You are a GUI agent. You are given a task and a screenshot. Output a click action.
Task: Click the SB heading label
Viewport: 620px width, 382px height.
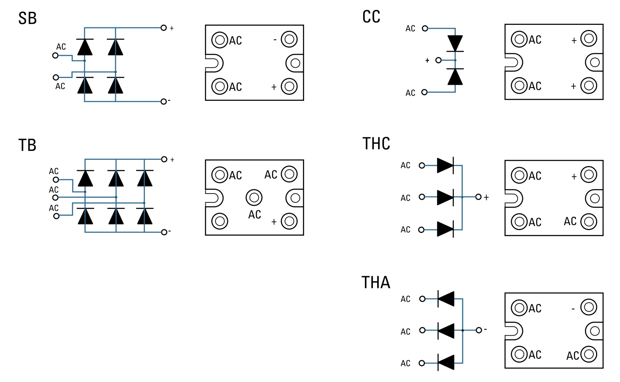tap(27, 19)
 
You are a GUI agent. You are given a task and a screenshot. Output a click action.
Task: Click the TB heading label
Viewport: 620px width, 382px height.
tap(27, 145)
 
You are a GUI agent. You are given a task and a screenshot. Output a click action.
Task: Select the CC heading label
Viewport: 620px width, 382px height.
tap(371, 17)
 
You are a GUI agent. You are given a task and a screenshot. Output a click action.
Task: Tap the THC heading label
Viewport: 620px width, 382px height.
tap(376, 144)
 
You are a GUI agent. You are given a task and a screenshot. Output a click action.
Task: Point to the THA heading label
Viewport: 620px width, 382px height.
tap(376, 282)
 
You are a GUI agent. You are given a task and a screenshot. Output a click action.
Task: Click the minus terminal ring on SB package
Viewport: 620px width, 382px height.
tap(289, 39)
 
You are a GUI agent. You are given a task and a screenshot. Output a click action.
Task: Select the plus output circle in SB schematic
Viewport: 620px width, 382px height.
tap(164, 28)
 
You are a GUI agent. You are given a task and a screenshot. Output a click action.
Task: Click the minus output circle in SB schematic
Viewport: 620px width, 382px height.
tap(163, 102)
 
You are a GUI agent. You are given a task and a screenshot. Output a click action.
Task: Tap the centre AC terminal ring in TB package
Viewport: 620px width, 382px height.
tap(254, 197)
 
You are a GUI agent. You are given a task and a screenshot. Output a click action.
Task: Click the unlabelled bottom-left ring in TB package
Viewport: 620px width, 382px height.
tap(220, 221)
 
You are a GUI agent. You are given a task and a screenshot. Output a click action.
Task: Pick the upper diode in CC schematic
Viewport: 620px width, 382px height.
tap(455, 43)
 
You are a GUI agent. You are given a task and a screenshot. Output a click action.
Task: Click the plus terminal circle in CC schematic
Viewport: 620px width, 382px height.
tap(438, 60)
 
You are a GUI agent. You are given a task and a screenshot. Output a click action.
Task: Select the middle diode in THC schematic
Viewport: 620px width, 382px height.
tap(445, 197)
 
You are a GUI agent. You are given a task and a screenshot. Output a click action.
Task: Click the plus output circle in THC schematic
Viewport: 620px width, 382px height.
tap(478, 197)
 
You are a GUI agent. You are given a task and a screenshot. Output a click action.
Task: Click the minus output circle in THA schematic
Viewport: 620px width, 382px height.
tap(479, 330)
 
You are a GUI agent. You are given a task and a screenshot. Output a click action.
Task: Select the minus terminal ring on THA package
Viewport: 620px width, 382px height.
tap(588, 307)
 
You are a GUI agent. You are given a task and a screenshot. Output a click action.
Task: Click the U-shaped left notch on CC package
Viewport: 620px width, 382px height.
tap(513, 63)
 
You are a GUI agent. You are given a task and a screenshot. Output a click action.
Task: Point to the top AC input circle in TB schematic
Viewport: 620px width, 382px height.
tap(56, 180)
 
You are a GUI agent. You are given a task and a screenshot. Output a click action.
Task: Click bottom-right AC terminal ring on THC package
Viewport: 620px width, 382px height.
tap(588, 222)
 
